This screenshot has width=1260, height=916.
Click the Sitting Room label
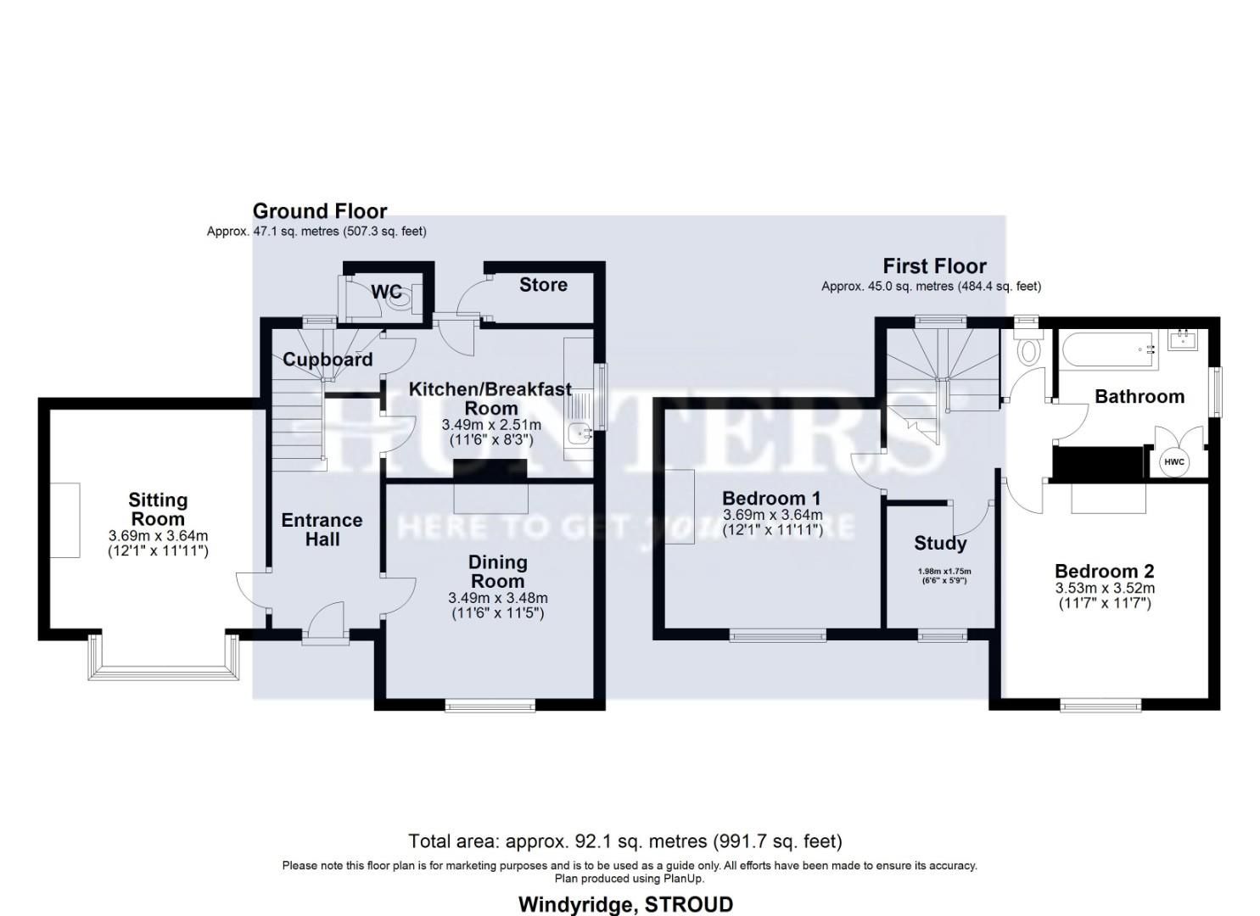click(x=158, y=510)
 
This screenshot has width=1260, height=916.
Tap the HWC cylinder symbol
click(x=1173, y=461)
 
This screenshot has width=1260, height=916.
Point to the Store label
click(x=543, y=285)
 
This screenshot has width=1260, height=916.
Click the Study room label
click(x=940, y=543)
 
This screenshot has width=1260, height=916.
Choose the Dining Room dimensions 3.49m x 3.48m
click(x=497, y=598)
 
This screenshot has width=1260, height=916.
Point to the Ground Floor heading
click(x=319, y=211)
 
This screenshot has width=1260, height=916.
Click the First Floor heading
click(x=934, y=266)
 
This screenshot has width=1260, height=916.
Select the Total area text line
click(x=624, y=841)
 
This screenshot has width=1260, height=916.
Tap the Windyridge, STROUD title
click(x=625, y=904)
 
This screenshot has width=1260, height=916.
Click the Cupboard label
click(x=328, y=360)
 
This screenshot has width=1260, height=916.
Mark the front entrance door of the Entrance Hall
click(x=326, y=623)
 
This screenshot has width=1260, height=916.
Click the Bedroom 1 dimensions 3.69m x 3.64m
click(x=772, y=515)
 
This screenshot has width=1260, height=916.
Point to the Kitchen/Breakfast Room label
click(x=490, y=399)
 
